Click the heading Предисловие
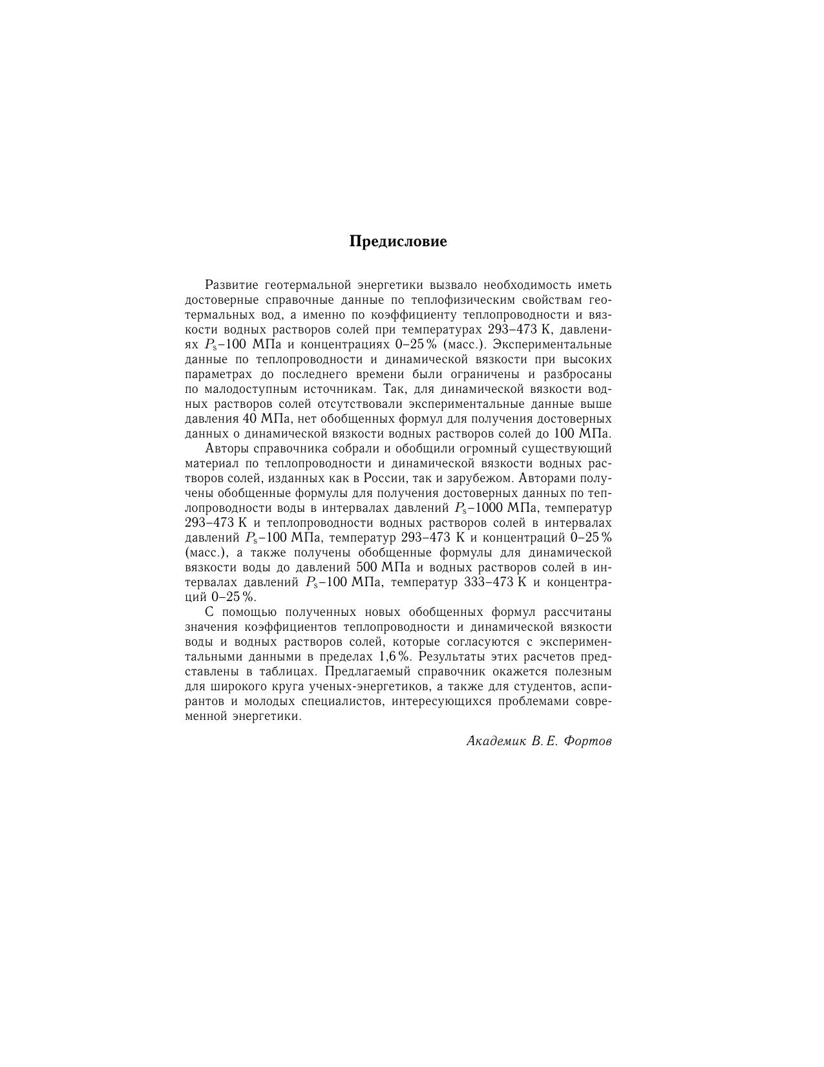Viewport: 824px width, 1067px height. click(398, 242)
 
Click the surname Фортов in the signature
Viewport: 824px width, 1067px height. click(587, 742)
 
